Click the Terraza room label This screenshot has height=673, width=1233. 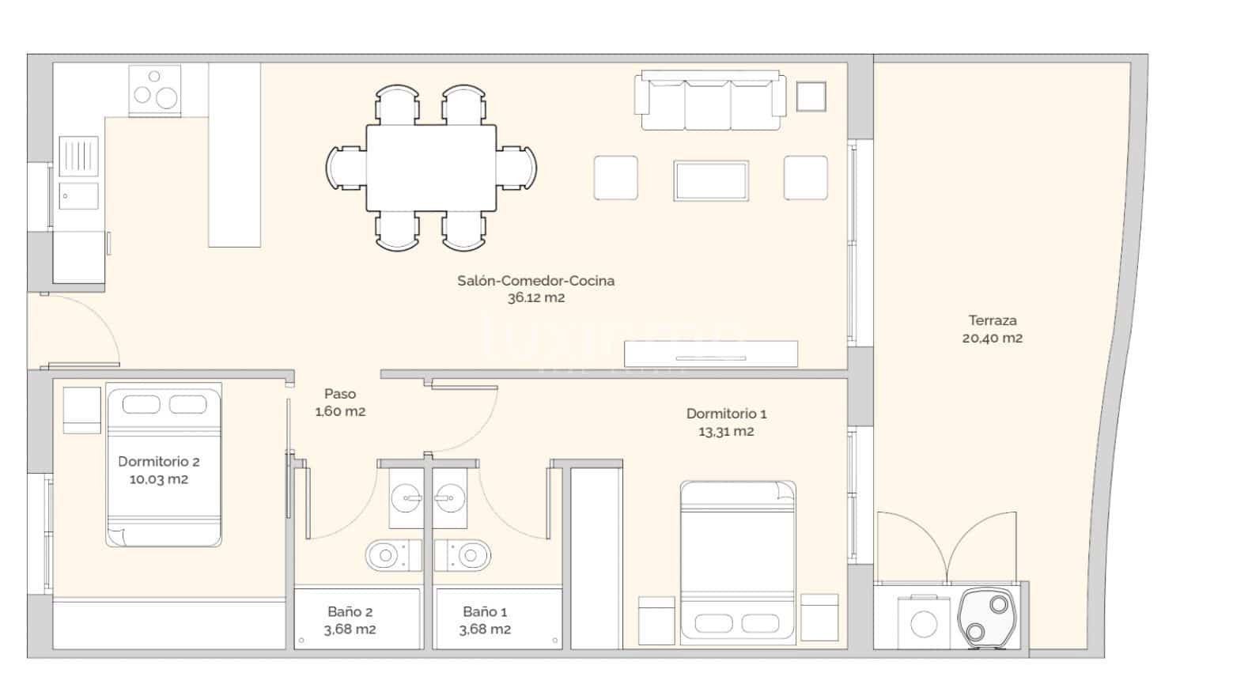(992, 320)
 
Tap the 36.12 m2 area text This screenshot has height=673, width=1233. (535, 298)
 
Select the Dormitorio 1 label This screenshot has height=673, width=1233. (726, 414)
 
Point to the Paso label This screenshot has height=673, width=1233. (340, 394)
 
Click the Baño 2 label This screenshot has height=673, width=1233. (350, 611)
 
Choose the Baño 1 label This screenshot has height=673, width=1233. (485, 611)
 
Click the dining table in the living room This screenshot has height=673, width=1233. (431, 168)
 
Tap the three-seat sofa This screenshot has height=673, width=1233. (713, 100)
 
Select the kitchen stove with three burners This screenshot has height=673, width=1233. (155, 90)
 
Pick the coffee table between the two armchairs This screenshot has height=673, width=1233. (710, 180)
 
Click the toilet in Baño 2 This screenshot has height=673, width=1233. (392, 555)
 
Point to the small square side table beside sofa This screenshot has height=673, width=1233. (811, 96)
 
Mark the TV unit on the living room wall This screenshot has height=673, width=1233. (710, 354)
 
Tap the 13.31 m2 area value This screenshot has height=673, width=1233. (725, 432)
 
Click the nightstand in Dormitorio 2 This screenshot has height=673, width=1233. (82, 410)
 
